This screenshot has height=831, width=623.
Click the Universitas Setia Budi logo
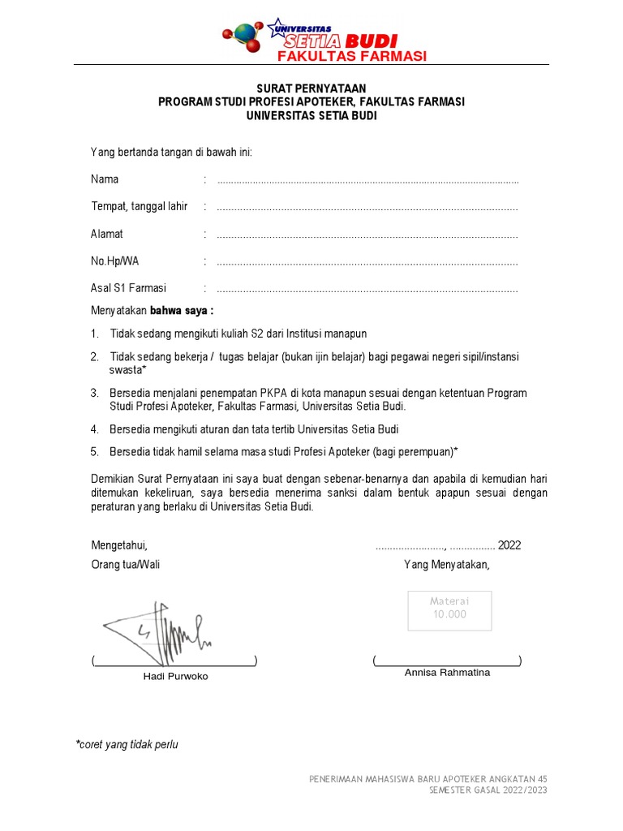point(311,34)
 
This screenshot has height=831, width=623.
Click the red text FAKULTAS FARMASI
point(352,56)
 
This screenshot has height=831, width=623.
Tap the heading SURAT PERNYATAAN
point(311,88)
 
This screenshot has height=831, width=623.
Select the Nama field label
point(105,179)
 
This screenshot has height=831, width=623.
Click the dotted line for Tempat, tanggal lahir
point(367,208)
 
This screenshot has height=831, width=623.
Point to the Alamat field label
point(107,235)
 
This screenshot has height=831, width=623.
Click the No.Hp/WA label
point(114,261)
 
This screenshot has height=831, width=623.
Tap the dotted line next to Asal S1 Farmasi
point(367,290)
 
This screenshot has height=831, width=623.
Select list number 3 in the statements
point(94,393)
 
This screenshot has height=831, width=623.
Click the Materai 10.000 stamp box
point(449,608)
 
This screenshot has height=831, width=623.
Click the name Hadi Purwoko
point(175,676)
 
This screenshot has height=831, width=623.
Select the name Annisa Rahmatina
point(447,673)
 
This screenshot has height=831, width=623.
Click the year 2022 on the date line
point(509,545)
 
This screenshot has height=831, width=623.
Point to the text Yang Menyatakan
point(447,565)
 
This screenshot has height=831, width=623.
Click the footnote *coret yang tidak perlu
point(127,744)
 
